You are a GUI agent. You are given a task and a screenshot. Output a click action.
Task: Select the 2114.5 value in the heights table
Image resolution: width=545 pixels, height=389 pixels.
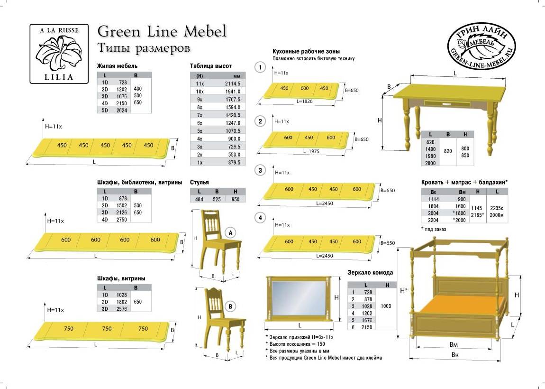[233, 83]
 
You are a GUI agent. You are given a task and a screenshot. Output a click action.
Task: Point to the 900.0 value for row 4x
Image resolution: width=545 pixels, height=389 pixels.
[234, 139]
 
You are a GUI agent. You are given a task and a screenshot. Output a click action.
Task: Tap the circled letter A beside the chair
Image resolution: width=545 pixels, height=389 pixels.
[230, 233]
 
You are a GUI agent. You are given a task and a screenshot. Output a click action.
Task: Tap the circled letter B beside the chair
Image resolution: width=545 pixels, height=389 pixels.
[230, 306]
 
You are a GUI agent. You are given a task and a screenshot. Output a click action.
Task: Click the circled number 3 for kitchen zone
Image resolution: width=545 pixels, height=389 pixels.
[260, 170]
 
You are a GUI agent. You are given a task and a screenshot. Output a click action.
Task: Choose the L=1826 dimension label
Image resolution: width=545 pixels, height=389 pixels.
[304, 101]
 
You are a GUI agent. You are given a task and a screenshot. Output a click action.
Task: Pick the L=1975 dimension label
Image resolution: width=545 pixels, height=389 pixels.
[311, 151]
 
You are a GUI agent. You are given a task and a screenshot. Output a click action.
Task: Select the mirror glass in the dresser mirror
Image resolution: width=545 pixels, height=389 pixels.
[299, 298]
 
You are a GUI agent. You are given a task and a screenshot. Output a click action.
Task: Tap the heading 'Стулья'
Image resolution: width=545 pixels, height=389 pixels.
[199, 182]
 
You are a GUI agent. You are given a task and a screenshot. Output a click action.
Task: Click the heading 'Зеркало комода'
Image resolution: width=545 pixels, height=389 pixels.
[370, 272]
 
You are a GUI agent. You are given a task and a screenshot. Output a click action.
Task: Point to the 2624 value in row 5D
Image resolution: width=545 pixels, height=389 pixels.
[122, 111]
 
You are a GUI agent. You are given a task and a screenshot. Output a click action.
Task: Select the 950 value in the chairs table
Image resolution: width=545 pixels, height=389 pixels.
[236, 199]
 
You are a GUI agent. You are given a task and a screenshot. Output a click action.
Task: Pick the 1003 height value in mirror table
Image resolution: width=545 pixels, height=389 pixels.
[386, 306]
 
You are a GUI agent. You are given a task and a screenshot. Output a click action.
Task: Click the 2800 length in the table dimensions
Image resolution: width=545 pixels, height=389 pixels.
[430, 163]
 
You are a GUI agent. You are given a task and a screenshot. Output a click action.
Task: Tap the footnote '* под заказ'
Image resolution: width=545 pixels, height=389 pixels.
[434, 229]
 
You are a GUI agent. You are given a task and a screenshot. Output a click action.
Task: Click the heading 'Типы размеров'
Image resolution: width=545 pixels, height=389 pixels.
[144, 47]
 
